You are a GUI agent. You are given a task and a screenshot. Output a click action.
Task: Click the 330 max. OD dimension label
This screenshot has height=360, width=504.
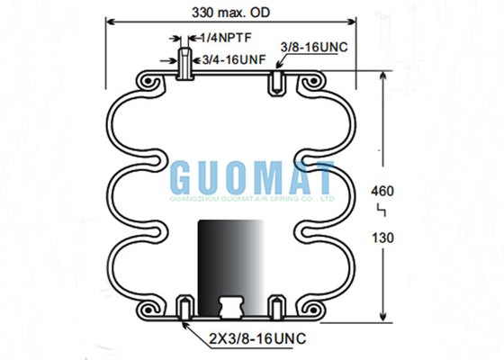[x=230, y=13]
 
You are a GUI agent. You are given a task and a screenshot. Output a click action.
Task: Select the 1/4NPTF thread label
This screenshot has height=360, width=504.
[x=226, y=38]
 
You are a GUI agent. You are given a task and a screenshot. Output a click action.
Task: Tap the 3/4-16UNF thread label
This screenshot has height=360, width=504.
[x=234, y=59]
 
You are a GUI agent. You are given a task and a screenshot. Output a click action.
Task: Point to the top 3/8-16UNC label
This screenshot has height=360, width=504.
[x=314, y=47]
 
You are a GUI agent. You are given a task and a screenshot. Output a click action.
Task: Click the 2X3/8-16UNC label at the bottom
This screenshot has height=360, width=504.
[x=257, y=338]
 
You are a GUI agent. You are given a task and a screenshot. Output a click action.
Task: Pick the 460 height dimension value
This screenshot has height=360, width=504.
[x=382, y=191]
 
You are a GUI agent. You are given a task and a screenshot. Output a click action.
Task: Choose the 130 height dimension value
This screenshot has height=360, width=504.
[x=382, y=238]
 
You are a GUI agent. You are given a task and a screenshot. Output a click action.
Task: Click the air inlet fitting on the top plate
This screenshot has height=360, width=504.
[x=184, y=64]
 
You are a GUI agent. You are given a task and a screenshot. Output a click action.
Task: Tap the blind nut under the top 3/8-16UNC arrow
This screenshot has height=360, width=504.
[x=277, y=83]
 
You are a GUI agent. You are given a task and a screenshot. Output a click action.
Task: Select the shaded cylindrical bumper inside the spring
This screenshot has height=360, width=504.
[x=230, y=267]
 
